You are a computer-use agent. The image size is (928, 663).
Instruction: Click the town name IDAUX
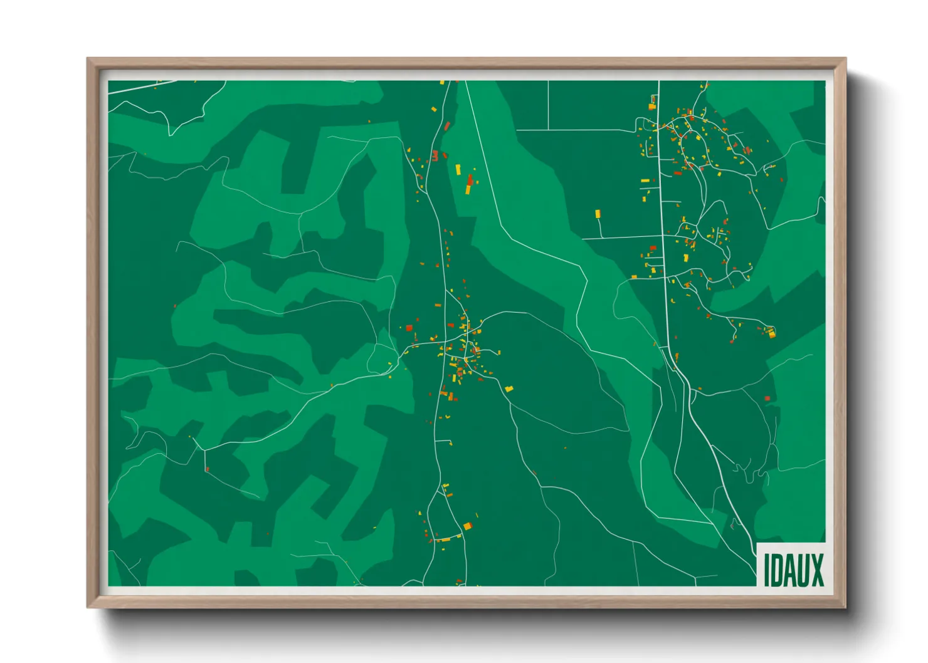coord(793,570)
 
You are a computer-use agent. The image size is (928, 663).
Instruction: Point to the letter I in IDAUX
coord(766,570)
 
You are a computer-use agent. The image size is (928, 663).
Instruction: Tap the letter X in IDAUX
coord(817,570)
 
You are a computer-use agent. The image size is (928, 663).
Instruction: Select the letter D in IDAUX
coord(776,570)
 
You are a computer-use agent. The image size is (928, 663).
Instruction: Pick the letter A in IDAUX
coord(789,570)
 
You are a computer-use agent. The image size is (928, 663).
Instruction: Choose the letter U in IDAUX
coord(803,570)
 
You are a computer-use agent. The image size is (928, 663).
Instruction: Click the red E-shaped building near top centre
coord(435,156)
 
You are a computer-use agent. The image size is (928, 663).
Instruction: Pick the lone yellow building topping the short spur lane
coord(598,214)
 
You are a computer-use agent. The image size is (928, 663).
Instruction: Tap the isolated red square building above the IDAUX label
coord(767,399)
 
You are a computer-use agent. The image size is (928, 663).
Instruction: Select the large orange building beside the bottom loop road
coord(467,526)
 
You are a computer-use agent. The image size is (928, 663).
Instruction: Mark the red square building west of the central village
coord(409,327)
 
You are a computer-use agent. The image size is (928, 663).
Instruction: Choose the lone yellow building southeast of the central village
coord(509,389)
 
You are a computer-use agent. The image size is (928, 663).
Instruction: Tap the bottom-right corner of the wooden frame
coord(845,607)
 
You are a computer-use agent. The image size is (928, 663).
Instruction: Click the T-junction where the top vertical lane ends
coord(549,130)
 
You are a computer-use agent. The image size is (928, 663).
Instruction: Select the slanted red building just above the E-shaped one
coord(447,126)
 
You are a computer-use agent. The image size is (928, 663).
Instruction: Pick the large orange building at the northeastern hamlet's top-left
coord(652,107)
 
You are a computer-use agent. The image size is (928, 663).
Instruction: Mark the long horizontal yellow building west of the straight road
coord(645,181)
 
